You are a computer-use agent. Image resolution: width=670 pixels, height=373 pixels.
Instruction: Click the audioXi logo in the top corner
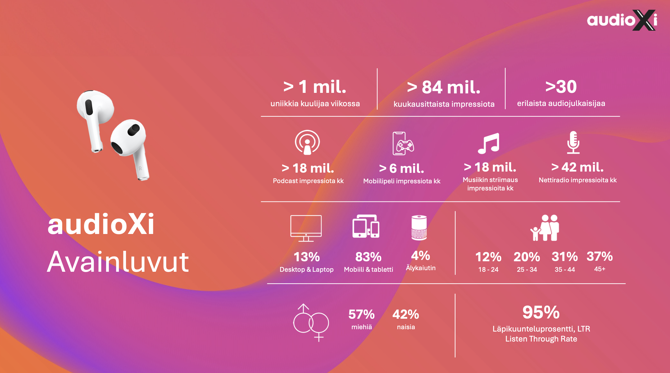(x=622, y=20)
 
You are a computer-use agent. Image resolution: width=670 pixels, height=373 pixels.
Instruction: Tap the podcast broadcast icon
(x=307, y=142)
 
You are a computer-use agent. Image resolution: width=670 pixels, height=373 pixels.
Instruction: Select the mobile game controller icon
(x=403, y=143)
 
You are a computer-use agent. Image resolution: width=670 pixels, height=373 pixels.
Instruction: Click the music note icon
(x=489, y=143)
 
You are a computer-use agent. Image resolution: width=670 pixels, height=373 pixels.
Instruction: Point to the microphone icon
(x=573, y=142)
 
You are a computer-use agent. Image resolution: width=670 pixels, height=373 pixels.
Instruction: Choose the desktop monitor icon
(x=306, y=228)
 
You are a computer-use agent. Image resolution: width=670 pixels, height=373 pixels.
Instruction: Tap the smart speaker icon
(x=419, y=228)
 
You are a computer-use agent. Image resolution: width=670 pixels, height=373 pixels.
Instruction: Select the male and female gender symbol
(x=311, y=323)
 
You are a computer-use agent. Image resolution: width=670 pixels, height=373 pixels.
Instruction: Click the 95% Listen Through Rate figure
(x=541, y=312)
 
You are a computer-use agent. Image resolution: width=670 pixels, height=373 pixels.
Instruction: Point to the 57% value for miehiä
(x=362, y=314)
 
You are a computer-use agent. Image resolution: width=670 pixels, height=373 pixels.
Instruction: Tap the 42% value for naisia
(x=406, y=314)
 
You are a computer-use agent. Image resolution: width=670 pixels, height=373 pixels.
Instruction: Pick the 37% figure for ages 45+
(x=600, y=256)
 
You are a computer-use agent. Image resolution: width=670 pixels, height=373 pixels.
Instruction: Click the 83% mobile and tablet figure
(x=368, y=257)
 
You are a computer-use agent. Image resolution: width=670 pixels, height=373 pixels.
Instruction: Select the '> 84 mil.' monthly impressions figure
(x=444, y=87)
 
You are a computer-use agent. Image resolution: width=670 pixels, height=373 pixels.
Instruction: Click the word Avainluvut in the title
(x=118, y=262)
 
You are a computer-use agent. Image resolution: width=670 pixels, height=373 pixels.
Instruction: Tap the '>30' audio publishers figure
(x=561, y=86)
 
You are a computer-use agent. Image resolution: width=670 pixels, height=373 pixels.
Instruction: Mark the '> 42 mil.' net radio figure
(x=577, y=167)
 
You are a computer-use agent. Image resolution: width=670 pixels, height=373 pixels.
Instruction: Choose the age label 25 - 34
(x=527, y=269)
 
